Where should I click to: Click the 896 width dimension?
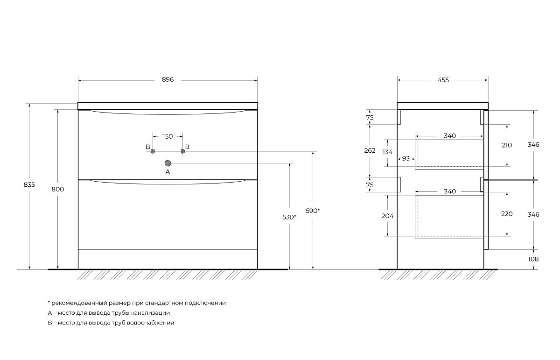[168, 79]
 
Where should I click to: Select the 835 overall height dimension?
[29, 184]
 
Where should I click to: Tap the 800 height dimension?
[58, 189]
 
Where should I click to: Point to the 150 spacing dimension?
[168, 136]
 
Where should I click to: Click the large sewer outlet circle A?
[168, 163]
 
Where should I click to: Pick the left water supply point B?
[153, 151]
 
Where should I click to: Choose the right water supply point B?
[183, 151]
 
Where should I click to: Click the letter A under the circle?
[168, 172]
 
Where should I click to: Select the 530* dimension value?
[289, 217]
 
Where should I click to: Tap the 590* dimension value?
[313, 211]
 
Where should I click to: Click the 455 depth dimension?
[443, 80]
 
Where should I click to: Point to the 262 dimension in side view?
[370, 150]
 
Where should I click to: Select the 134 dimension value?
[387, 152]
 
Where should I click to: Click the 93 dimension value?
[406, 158]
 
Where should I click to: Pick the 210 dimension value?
[507, 145]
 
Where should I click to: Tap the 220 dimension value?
[507, 214]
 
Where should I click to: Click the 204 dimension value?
[387, 216]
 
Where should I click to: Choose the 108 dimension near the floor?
[533, 259]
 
